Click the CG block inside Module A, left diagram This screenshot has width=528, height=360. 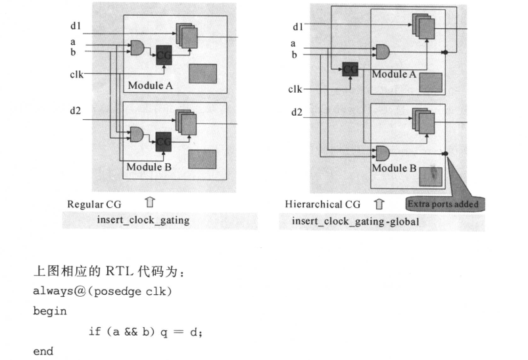click(164, 55)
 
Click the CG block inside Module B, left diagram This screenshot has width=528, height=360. click(163, 141)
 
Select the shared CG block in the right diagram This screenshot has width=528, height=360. click(350, 69)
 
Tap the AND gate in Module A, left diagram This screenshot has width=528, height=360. click(137, 48)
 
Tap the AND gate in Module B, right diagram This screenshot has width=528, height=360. click(383, 154)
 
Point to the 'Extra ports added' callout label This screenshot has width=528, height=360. click(443, 204)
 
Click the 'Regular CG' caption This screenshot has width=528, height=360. click(94, 204)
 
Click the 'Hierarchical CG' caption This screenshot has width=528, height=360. click(323, 204)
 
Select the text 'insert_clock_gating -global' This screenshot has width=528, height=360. click(355, 221)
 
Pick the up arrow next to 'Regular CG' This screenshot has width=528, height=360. click(150, 202)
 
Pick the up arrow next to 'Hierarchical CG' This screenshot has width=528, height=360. click(379, 204)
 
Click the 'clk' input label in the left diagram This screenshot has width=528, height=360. click(76, 74)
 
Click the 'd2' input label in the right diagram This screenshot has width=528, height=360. click(297, 113)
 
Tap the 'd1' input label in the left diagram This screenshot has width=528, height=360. click(76, 26)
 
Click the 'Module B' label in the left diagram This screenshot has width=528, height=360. click(149, 167)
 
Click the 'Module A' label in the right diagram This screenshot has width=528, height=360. click(394, 74)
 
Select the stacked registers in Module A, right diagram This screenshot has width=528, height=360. click(423, 26)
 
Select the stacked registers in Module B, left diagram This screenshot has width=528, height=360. click(186, 122)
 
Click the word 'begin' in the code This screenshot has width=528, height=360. click(50, 311)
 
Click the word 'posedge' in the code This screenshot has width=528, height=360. click(118, 292)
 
